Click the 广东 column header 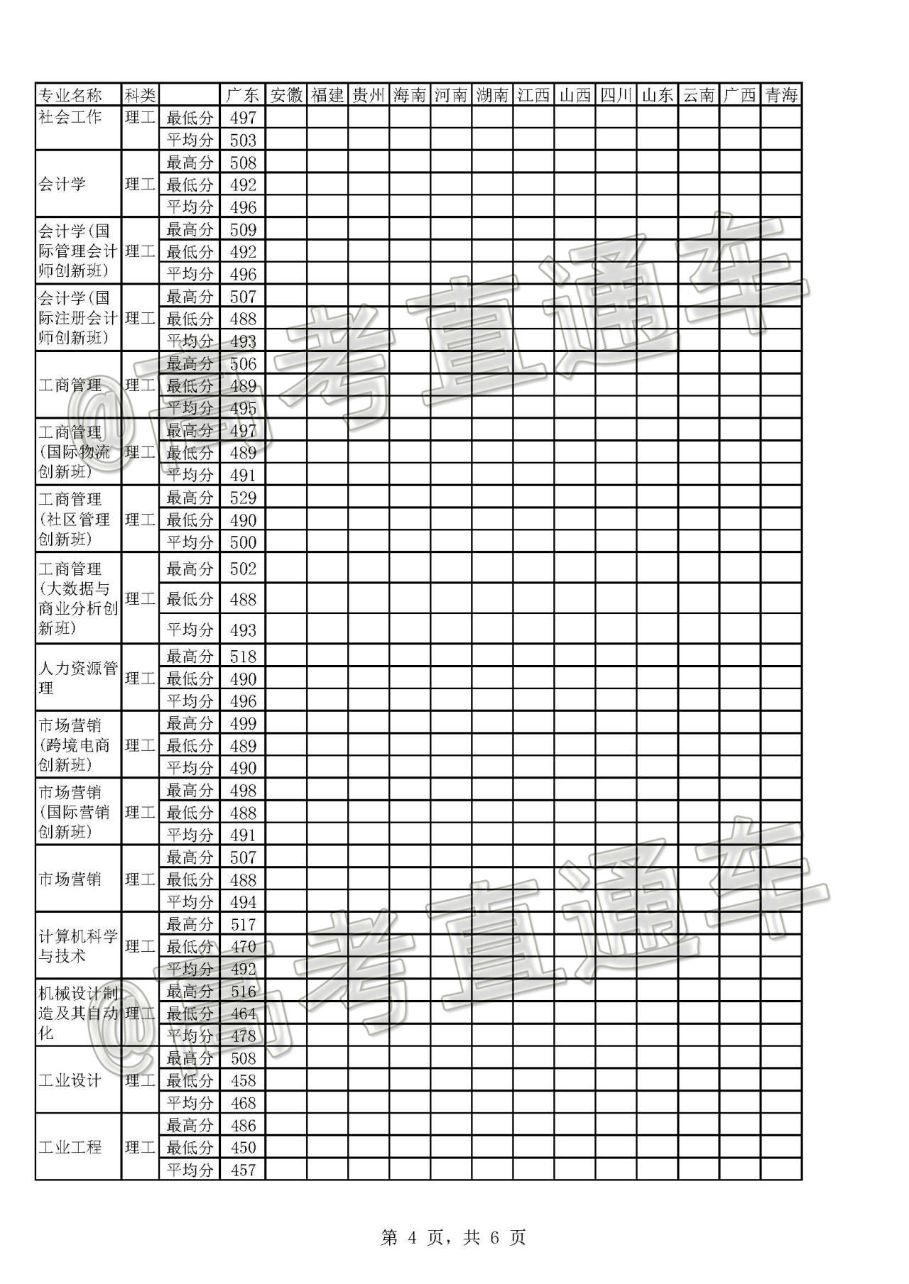coord(242,95)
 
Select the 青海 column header coord(780,95)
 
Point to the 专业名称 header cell coord(70,95)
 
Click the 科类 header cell coord(140,95)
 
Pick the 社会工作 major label coord(70,117)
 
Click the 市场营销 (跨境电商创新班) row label coord(75,745)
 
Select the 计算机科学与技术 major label coord(77,946)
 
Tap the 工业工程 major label coord(70,1147)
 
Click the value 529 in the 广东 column coord(243,498)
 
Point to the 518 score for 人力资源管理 coord(243,657)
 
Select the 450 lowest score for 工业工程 coord(243,1148)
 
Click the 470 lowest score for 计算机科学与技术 coord(243,947)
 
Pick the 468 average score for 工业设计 coord(243,1103)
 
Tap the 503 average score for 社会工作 coord(243,140)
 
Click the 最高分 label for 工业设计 coord(190,1058)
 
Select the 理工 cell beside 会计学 coord(140,185)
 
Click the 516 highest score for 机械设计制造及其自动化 coord(243,992)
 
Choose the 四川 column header coord(616,95)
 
